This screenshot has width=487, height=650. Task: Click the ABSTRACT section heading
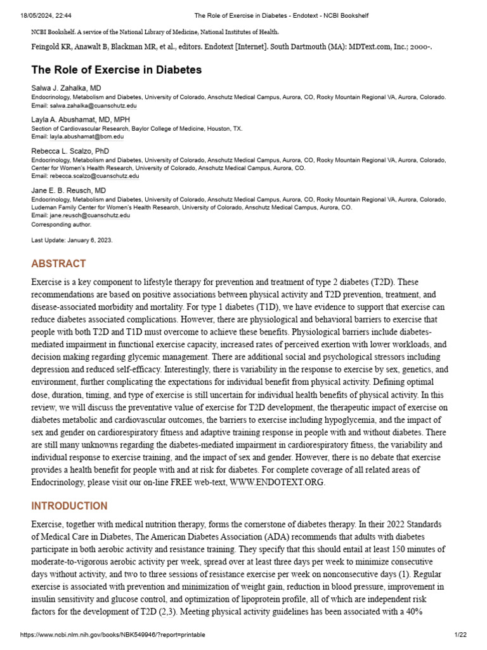pos(58,263)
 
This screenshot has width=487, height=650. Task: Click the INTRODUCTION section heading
pos(69,506)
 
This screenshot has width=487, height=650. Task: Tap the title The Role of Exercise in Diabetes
pos(117,70)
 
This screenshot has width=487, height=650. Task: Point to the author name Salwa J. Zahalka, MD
pos(66,88)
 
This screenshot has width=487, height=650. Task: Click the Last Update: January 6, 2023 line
pos(72,240)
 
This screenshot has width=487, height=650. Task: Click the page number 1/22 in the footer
pos(460,635)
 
